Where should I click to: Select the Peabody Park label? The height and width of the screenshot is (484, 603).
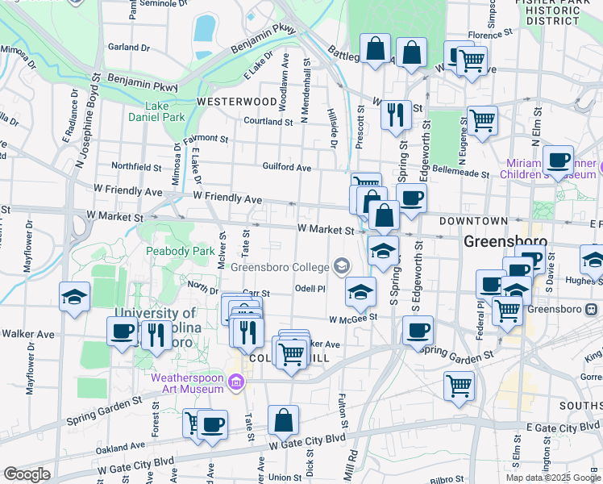[180, 251]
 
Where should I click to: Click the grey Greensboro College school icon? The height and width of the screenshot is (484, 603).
[341, 266]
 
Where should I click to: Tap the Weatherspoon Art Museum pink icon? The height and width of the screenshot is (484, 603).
[236, 382]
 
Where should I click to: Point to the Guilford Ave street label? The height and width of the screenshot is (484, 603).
[286, 168]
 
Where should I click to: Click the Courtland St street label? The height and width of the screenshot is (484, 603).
[268, 122]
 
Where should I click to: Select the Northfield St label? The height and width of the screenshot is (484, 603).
[136, 167]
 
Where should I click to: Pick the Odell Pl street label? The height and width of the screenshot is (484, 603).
[310, 288]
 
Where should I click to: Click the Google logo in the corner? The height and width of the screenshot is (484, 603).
[27, 474]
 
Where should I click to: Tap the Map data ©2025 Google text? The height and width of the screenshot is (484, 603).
[553, 478]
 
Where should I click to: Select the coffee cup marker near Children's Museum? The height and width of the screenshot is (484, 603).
[558, 160]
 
